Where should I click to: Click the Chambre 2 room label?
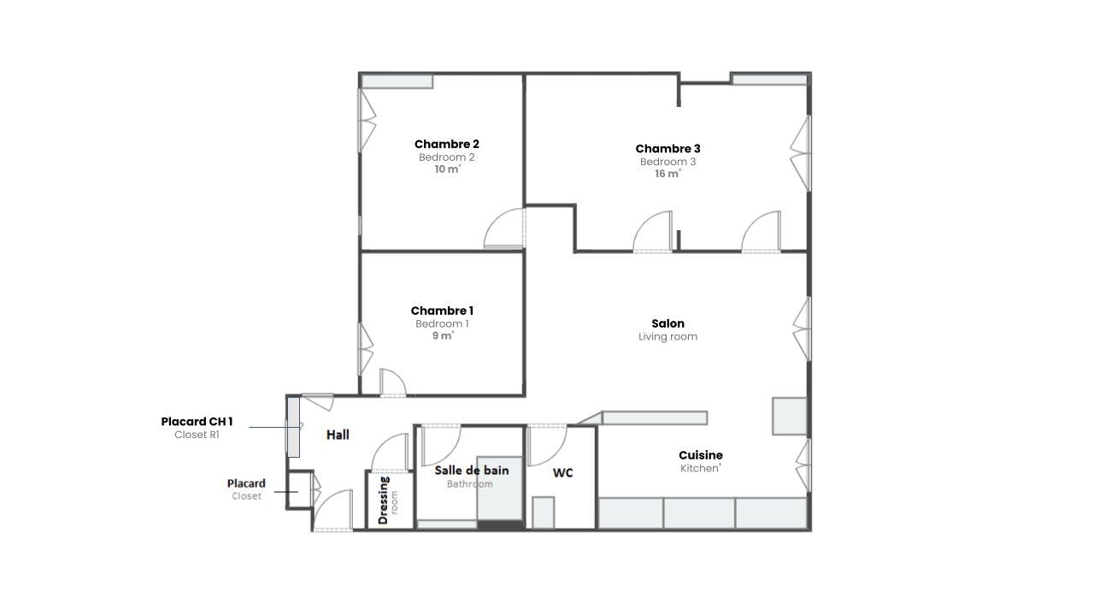(x=446, y=144)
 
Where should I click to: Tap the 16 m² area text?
(x=668, y=174)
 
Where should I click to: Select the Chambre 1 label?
(x=442, y=311)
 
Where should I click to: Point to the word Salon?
(x=668, y=323)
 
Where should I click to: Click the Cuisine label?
(x=701, y=455)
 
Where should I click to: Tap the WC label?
(x=562, y=472)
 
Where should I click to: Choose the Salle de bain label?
(x=471, y=470)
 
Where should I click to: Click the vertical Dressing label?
(x=383, y=500)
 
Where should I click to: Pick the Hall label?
(x=338, y=435)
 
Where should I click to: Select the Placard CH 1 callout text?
(x=197, y=422)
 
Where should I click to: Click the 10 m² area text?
(x=446, y=169)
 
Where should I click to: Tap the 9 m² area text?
(x=442, y=336)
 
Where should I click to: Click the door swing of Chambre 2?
(x=504, y=229)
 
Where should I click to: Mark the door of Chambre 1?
(x=392, y=382)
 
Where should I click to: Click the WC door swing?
(x=547, y=444)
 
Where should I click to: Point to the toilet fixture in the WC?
(x=543, y=512)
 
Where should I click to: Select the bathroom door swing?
(x=441, y=444)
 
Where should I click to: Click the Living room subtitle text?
(x=668, y=337)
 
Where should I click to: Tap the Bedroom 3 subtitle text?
(x=668, y=162)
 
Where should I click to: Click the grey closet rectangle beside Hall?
(x=293, y=426)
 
